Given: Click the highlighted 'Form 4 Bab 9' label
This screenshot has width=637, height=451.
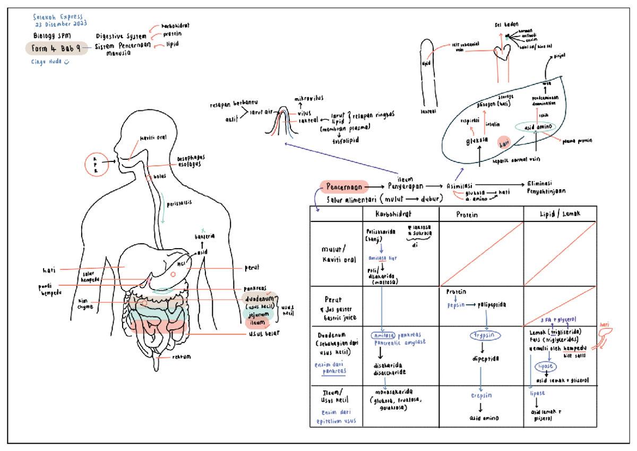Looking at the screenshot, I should coord(56,48).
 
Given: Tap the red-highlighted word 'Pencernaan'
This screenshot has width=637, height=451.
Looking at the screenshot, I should coord(344,187).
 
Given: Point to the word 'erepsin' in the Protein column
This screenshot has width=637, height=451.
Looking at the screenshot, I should coord(481,395).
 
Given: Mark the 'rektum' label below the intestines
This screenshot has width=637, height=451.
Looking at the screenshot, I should coord(181,356).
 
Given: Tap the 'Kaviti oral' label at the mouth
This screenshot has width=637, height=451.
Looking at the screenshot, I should coord(153,138).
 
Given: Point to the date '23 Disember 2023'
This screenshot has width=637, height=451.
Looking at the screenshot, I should coord(61,24).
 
